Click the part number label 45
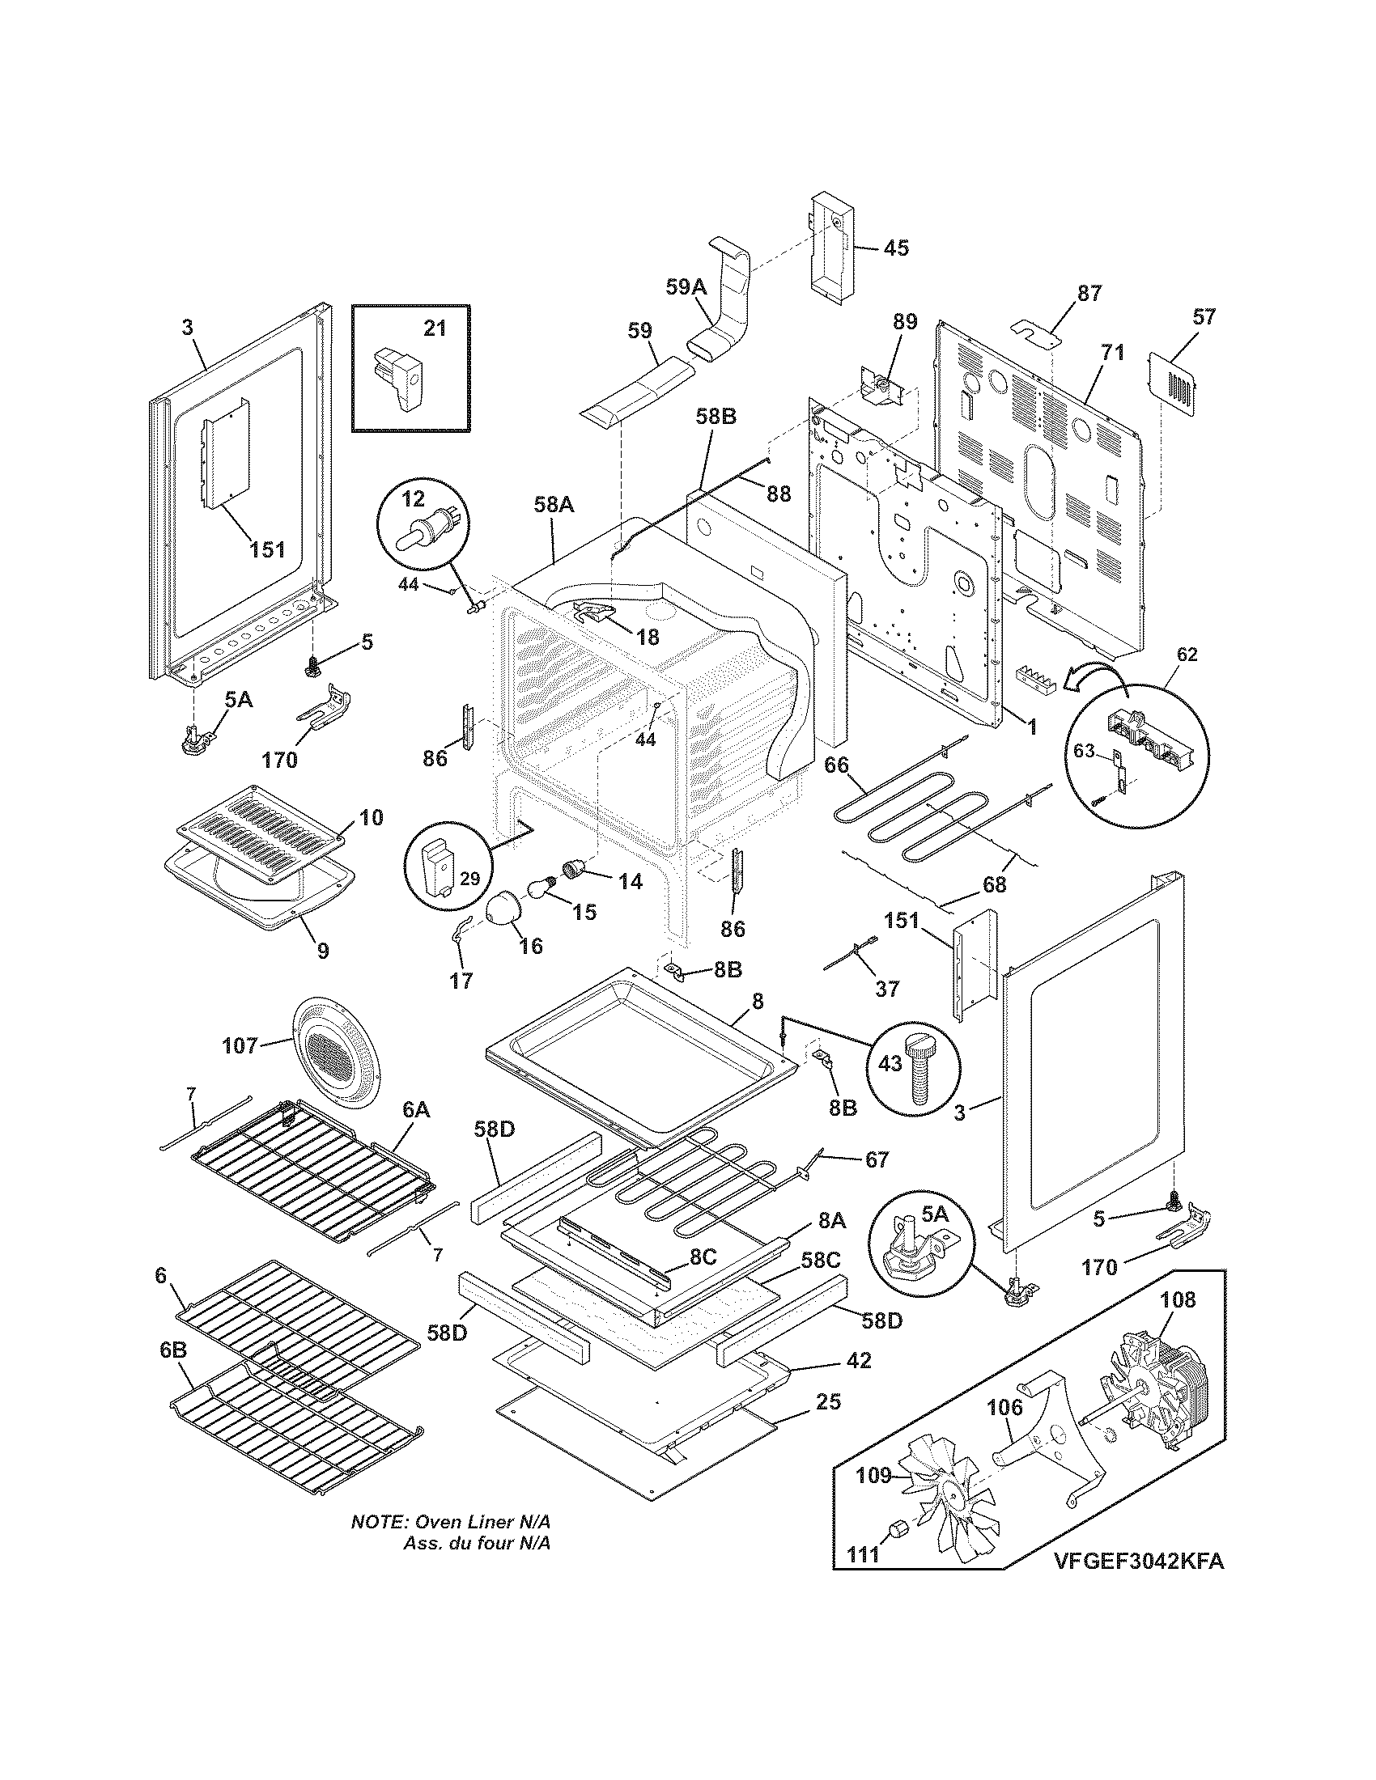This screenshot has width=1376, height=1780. pos(896,248)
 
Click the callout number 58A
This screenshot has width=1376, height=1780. pos(554,505)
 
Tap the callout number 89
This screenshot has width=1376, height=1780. pos(904,321)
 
